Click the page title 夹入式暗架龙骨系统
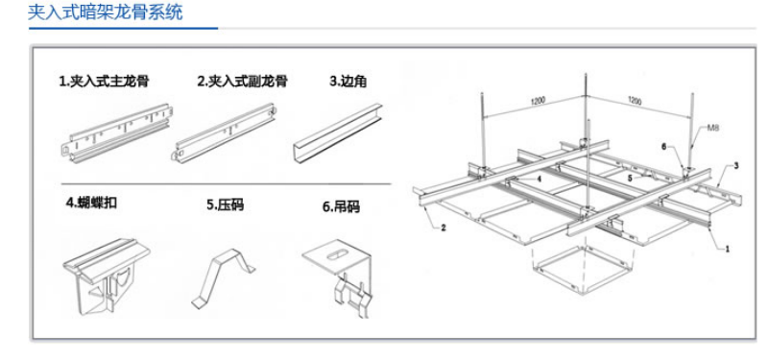pos(105,12)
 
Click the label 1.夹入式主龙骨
pos(104,81)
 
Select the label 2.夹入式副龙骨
pos(243,81)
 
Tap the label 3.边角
pos(348,82)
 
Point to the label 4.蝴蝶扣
pos(91,203)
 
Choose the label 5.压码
pos(225,204)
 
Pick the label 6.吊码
pos(341,206)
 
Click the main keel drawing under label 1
pos(115,133)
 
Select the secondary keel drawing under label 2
pos(225,132)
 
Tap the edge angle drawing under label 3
pos(338,132)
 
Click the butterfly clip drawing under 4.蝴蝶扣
pos(106,276)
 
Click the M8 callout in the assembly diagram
pos(713,129)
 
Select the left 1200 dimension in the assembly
pos(539,101)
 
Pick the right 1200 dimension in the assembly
pos(635,101)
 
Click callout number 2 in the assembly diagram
pos(444,228)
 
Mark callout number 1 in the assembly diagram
pos(727,249)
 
